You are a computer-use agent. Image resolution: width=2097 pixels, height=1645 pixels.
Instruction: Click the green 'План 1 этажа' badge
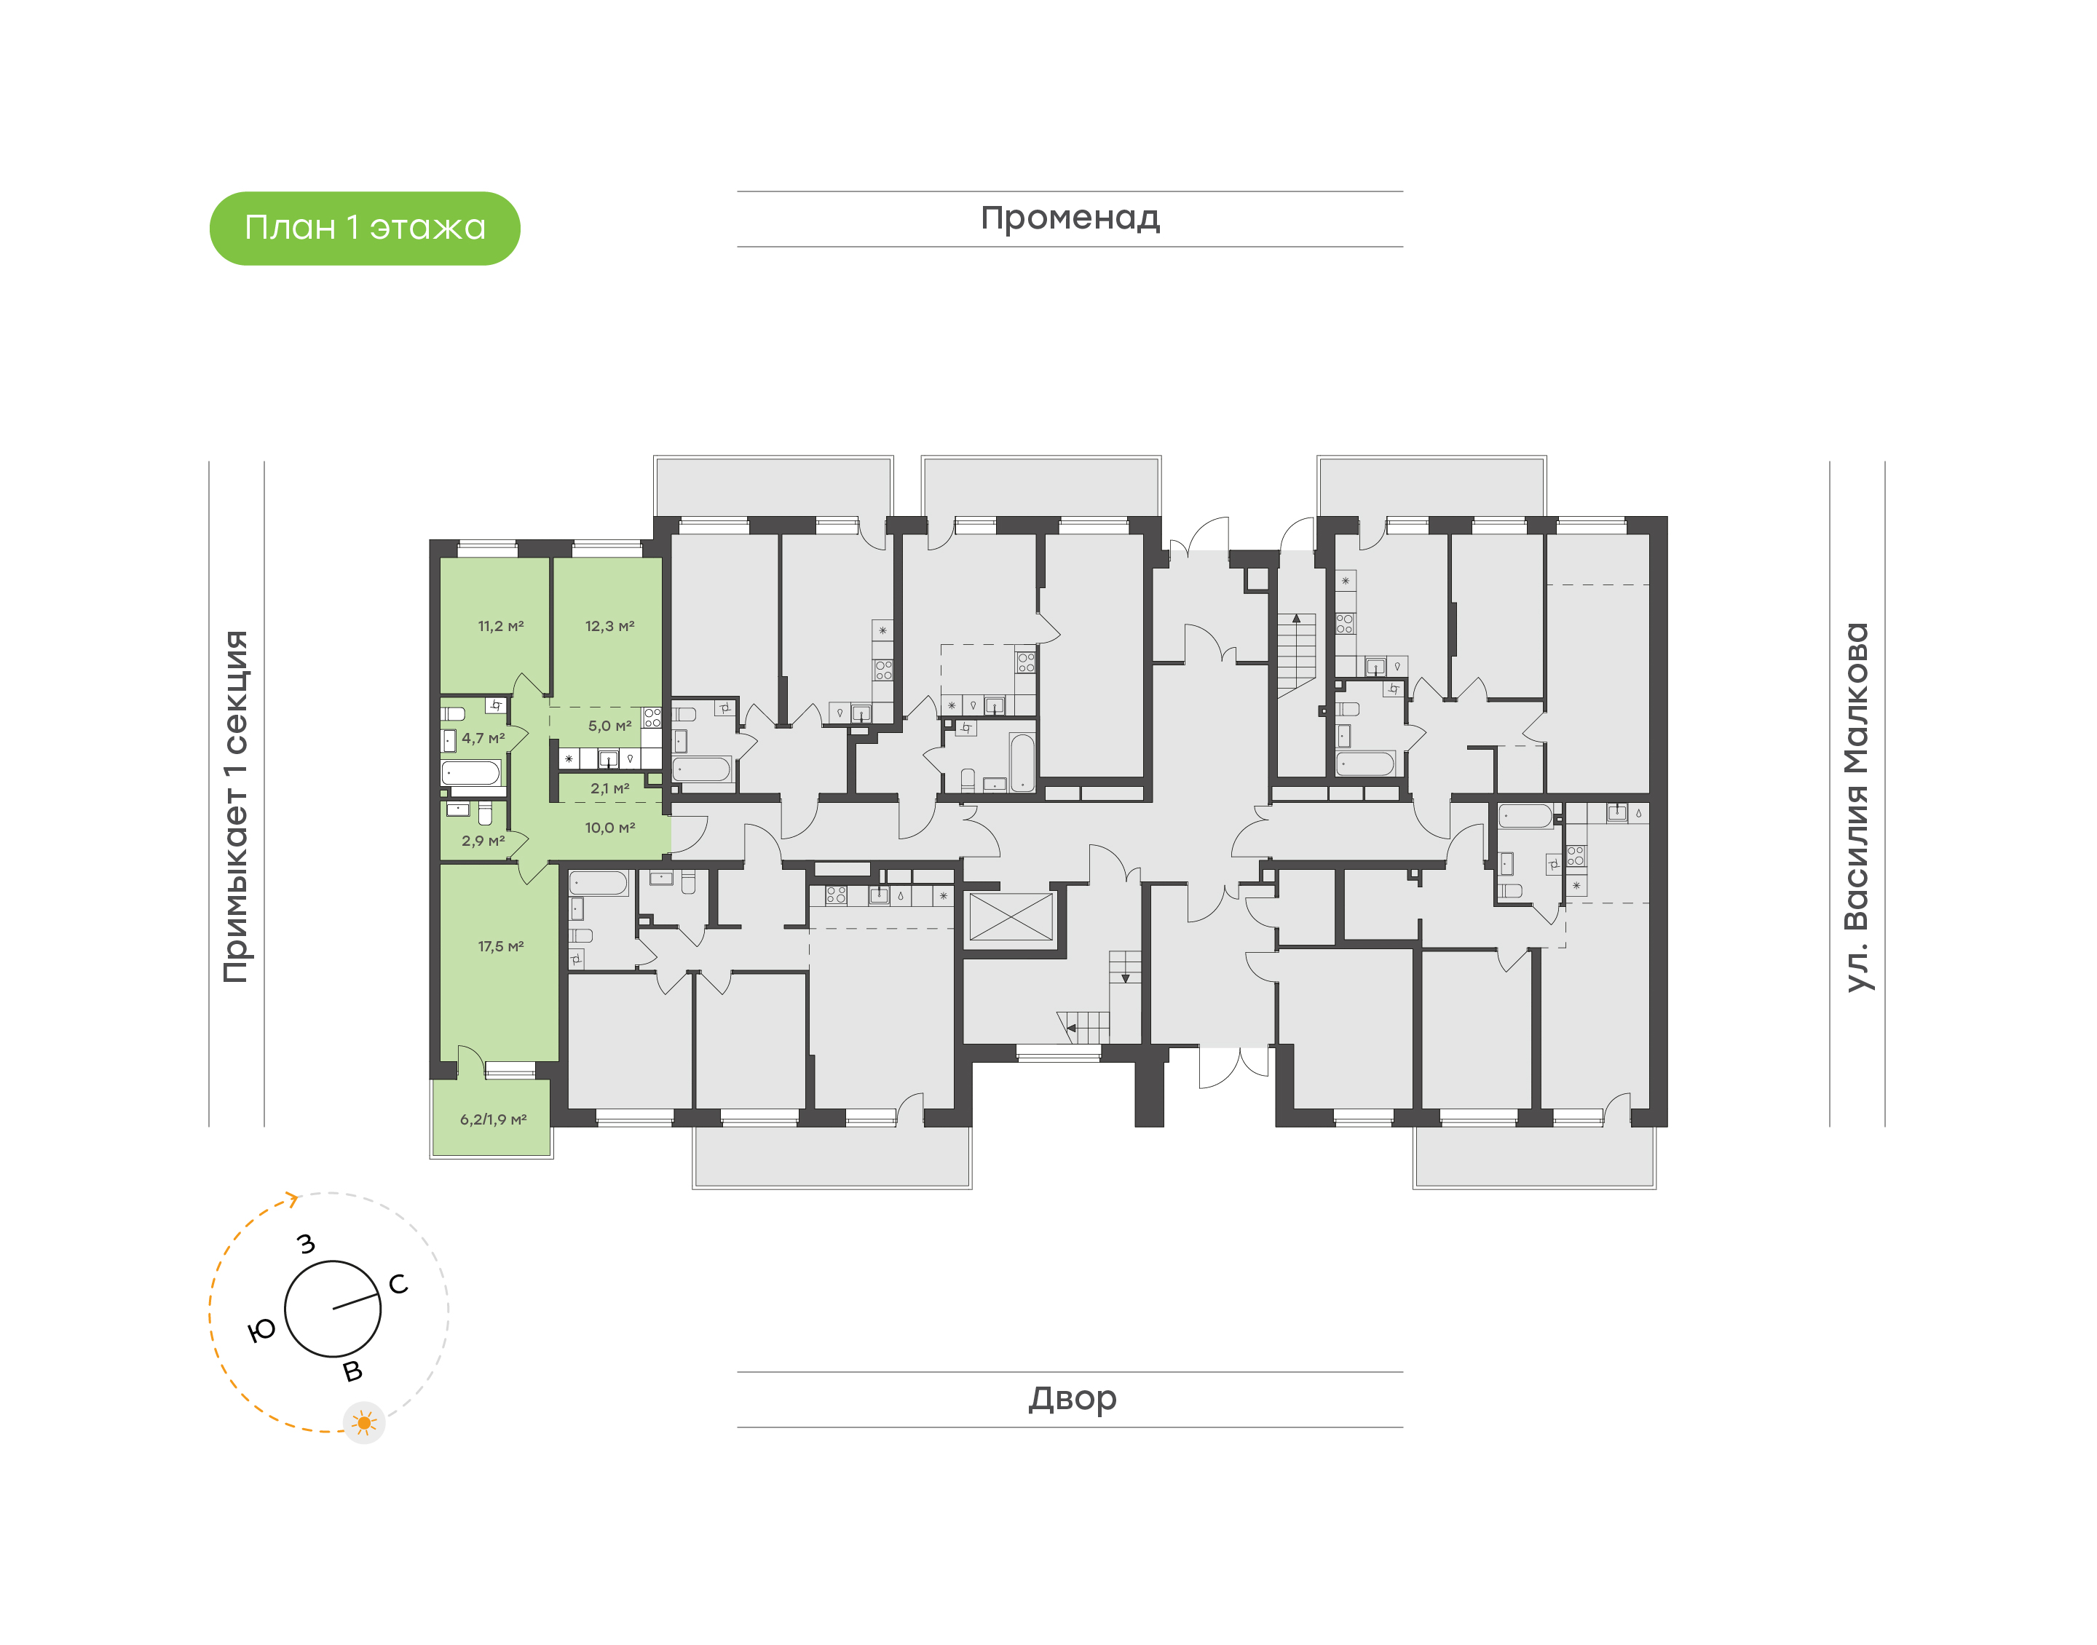point(364,229)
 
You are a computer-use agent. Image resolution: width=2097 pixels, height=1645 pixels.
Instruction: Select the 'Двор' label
point(1071,1398)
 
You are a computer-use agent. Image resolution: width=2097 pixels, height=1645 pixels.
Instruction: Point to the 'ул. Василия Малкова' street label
point(1856,806)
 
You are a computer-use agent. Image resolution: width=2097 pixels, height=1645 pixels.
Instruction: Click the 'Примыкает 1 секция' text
point(236,806)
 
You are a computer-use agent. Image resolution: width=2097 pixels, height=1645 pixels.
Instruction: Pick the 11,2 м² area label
point(501,626)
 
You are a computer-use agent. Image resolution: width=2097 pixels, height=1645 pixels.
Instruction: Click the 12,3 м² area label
point(609,626)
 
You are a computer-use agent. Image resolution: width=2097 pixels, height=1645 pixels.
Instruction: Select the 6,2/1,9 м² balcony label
point(493,1119)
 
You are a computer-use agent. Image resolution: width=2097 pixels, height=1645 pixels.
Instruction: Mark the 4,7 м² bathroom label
point(483,739)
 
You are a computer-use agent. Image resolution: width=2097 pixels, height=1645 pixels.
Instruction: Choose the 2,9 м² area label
point(483,841)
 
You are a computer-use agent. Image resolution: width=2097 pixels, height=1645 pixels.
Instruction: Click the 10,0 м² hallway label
point(609,828)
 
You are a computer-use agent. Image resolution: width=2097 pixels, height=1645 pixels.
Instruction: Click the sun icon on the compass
point(364,1422)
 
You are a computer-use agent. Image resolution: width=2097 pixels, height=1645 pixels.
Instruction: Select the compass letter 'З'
point(307,1243)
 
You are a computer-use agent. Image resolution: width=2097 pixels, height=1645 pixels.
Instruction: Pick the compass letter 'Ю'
point(262,1331)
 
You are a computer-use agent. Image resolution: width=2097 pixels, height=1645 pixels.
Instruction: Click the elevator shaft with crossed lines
point(1011,917)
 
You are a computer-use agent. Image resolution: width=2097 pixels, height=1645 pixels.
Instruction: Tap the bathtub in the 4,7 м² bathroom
point(471,772)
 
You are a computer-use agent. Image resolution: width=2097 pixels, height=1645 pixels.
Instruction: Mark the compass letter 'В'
point(354,1371)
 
